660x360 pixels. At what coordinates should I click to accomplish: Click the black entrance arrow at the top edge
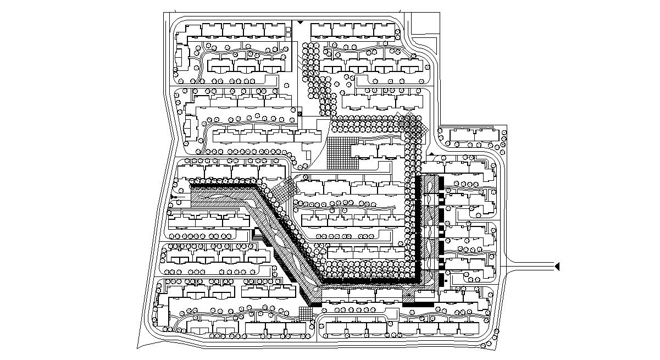point(300,22)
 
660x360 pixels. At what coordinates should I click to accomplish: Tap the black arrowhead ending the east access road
point(557,267)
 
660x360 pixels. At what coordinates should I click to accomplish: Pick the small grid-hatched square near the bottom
point(306,313)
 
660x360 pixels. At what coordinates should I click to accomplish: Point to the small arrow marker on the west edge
point(174,196)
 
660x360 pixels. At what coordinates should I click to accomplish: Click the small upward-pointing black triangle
point(432,154)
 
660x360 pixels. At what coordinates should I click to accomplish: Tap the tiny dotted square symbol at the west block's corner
point(300,113)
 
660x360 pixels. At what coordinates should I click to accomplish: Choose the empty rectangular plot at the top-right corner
point(425,25)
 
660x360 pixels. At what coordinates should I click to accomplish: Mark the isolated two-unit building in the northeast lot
point(473,135)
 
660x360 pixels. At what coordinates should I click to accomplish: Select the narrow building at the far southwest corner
point(163,317)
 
